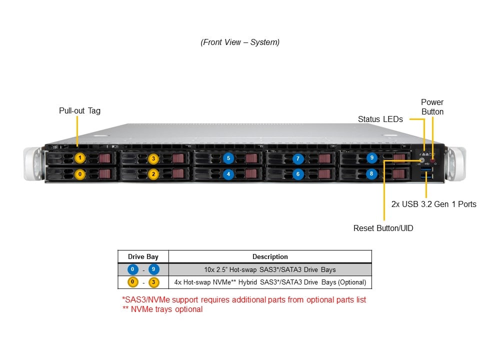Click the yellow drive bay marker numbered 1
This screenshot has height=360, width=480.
[80, 158]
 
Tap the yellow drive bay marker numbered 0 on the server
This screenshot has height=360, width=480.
[80, 174]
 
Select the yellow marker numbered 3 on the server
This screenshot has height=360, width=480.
[153, 158]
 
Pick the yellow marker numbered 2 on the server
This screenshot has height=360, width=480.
[153, 174]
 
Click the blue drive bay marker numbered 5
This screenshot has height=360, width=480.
[228, 158]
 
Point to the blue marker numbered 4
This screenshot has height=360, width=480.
[228, 174]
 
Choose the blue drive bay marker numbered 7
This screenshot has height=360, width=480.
[298, 158]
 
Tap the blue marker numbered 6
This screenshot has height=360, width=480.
[298, 174]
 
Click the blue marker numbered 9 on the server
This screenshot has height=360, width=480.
[371, 158]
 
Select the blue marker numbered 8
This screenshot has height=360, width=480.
[371, 174]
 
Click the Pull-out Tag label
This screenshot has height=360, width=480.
[79, 110]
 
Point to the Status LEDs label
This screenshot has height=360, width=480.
[380, 119]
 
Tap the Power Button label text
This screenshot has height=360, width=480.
[432, 107]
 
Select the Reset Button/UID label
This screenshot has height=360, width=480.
[383, 228]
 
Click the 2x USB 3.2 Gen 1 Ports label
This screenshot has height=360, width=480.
[433, 204]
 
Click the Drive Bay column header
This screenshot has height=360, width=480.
[143, 256]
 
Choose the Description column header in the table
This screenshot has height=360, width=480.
[270, 256]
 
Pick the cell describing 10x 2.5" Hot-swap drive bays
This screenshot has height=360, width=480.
[270, 269]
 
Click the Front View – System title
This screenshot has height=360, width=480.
[240, 42]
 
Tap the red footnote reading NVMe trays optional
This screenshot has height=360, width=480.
[162, 309]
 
